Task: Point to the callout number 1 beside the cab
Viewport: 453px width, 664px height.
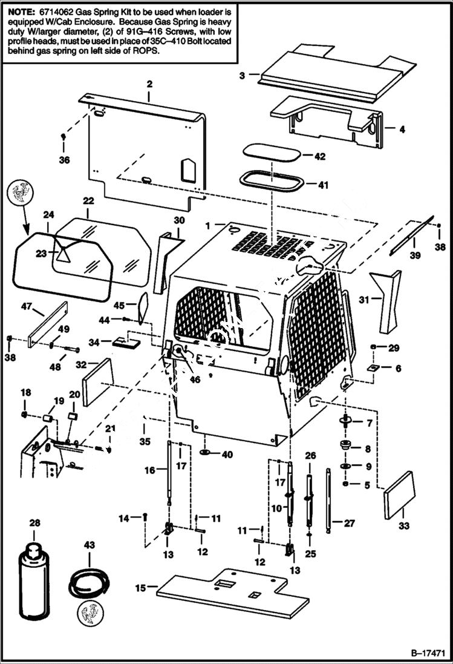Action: pyautogui.click(x=207, y=225)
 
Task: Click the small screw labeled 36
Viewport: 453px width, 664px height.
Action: pyautogui.click(x=64, y=137)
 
